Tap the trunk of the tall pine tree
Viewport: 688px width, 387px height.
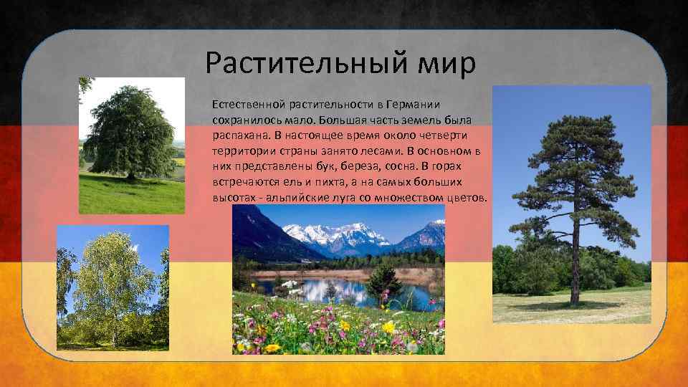575,272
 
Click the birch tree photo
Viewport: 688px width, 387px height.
113,287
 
